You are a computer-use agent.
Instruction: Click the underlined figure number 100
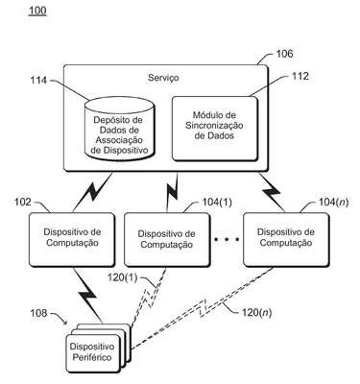37,11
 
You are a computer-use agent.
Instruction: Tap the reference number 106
284,54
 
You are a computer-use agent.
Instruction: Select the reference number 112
300,76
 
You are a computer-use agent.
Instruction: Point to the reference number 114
38,81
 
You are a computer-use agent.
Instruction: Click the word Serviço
163,78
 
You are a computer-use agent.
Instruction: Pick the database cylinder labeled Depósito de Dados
119,129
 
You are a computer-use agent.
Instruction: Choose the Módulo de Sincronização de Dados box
214,128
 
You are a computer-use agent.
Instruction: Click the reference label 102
23,203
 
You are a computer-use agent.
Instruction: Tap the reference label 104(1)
217,203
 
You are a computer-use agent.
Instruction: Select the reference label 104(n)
334,203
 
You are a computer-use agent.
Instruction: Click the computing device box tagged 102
72,239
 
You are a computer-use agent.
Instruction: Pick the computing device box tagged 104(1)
167,239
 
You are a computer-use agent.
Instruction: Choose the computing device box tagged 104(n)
286,239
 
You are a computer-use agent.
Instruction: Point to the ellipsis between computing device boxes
227,239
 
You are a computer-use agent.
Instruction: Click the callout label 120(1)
122,277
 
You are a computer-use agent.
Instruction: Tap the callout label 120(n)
256,312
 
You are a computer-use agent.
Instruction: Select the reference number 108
38,313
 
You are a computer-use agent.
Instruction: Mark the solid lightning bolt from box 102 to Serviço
93,192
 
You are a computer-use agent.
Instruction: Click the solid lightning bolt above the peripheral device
88,295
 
